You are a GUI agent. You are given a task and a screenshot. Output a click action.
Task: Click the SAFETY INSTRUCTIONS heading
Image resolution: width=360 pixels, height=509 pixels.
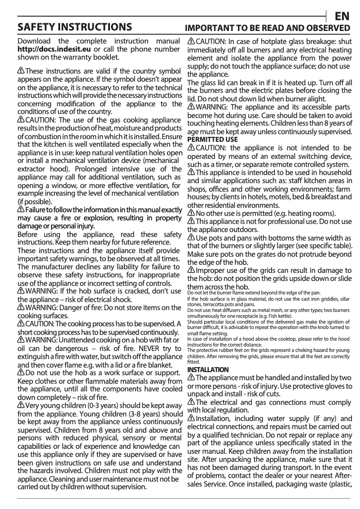point(75,27)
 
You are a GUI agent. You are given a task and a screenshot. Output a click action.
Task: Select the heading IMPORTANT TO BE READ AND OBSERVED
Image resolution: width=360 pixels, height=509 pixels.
point(268,28)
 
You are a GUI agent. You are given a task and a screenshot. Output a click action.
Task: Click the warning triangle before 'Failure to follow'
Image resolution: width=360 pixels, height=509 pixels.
point(21,210)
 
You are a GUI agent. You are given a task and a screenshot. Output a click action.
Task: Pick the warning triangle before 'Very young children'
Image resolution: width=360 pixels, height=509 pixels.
point(21,406)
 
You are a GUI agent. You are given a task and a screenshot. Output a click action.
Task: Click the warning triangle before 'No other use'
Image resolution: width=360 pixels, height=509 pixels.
point(191,213)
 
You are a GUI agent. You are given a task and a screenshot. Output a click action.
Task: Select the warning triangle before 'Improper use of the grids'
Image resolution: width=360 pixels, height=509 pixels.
point(191,270)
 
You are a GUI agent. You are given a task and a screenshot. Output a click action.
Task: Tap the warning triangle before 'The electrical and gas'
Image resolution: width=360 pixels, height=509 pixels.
point(191,402)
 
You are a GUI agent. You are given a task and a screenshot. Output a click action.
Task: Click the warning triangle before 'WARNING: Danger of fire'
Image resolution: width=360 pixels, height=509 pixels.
point(21,307)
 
